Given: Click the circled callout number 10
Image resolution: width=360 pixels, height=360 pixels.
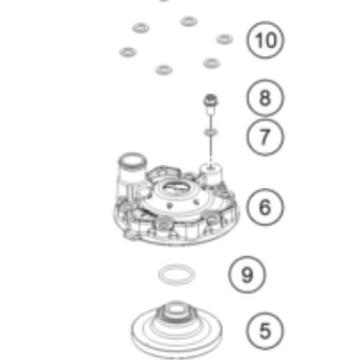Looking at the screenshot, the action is point(265,40).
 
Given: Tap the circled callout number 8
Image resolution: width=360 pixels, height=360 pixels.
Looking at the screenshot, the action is point(265,98).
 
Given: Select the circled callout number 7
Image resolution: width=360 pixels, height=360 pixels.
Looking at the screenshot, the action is point(265,137).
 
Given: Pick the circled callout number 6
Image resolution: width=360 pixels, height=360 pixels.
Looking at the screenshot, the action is point(265,207).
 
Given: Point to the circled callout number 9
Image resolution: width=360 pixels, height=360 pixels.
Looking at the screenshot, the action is point(247,274).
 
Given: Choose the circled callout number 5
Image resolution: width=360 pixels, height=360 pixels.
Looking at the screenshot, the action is point(265,330).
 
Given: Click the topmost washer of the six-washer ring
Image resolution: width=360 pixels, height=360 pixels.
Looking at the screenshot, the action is point(189,21).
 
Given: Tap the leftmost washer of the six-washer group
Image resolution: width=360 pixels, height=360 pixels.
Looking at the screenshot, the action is point(128,52).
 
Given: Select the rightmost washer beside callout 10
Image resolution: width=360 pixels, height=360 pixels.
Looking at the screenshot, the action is point(225,39).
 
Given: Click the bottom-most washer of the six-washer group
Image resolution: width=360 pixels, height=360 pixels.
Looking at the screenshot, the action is point(164,70).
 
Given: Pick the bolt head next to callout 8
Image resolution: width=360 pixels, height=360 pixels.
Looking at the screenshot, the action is point(210,100).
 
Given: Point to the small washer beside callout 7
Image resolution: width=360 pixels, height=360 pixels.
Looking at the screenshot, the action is point(211,132).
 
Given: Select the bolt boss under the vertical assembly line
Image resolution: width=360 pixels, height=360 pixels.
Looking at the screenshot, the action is point(211,174).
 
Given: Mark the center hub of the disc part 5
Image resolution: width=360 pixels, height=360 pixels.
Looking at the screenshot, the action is point(176,312).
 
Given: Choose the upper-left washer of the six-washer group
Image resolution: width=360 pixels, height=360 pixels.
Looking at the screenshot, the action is point(140,28).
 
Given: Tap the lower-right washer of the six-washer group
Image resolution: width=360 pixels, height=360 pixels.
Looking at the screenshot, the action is point(212,63).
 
